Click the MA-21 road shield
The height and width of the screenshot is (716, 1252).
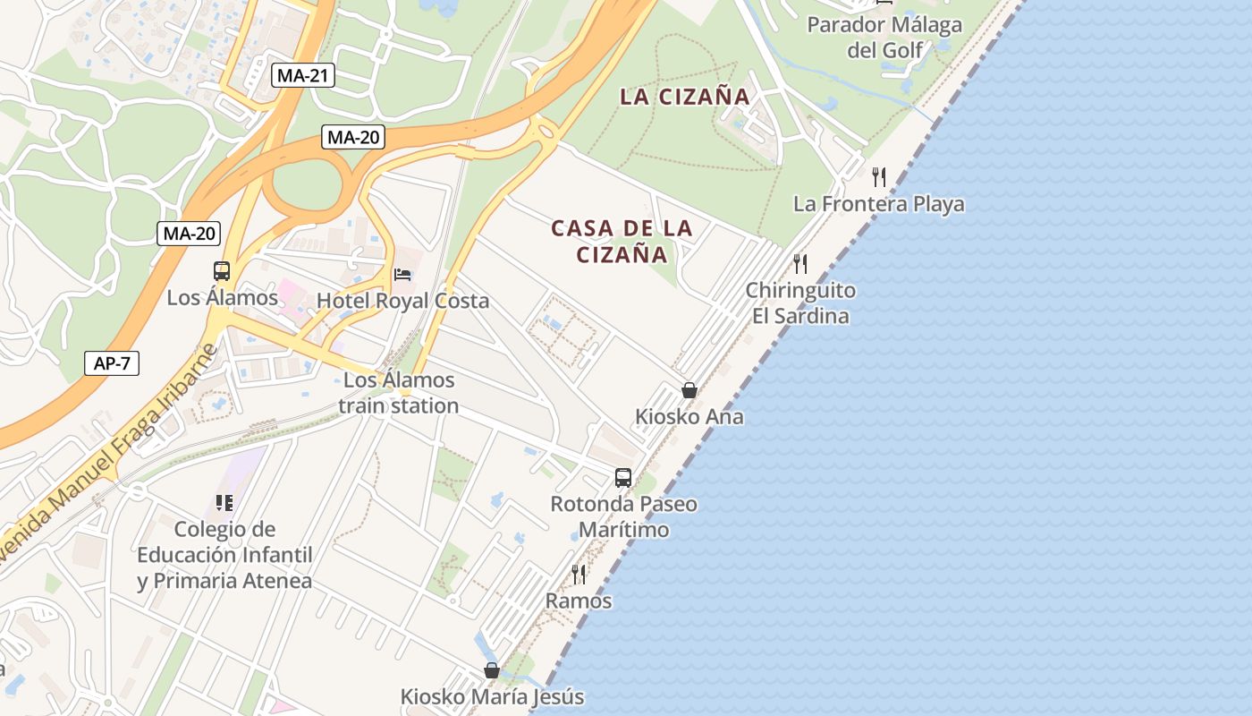tap(303, 75)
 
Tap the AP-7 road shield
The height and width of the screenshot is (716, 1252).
tap(112, 363)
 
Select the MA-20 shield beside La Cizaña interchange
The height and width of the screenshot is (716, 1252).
tap(353, 137)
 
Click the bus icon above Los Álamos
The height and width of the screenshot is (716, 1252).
tap(221, 271)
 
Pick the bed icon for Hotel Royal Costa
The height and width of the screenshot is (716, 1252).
tap(402, 274)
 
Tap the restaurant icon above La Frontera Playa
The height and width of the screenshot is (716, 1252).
tap(879, 177)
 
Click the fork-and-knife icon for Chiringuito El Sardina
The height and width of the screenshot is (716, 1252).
tap(800, 264)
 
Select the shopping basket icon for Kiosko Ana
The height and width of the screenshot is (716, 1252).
tap(689, 390)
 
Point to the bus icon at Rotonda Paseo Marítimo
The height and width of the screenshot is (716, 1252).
tap(623, 478)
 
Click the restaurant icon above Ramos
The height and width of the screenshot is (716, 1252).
tap(579, 574)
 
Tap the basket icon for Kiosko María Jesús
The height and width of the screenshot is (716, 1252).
tap(491, 670)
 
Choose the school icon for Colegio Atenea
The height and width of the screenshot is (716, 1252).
tap(224, 503)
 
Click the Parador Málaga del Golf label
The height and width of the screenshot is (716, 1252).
tap(884, 37)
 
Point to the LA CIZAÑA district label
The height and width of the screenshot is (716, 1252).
tap(685, 98)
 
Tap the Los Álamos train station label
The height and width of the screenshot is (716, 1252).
tap(399, 393)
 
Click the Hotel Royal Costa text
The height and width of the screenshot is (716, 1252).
tap(402, 301)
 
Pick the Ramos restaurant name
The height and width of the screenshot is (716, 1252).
tap(579, 601)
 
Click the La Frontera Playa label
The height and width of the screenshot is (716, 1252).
tap(879, 204)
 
